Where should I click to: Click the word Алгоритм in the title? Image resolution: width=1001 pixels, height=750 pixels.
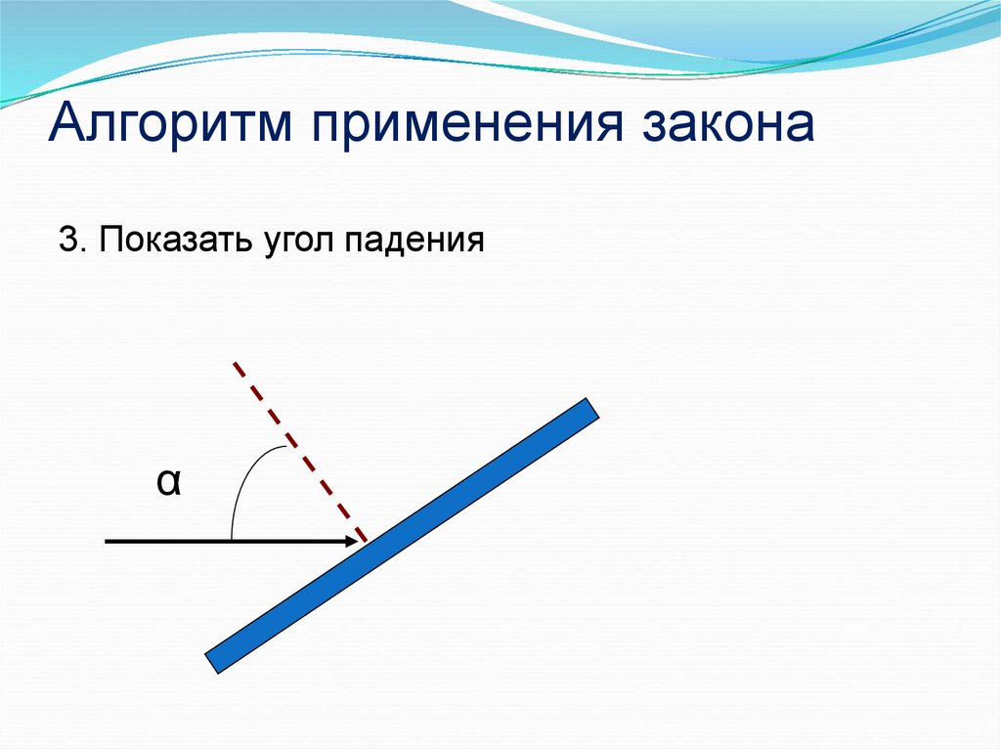(170, 122)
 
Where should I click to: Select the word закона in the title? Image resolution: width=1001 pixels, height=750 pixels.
(728, 122)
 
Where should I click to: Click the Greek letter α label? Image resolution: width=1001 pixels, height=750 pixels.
(168, 482)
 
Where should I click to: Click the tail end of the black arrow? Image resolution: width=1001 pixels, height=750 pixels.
(106, 541)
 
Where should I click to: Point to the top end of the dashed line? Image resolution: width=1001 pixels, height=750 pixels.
(235, 363)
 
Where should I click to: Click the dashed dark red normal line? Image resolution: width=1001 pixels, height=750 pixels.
(300, 453)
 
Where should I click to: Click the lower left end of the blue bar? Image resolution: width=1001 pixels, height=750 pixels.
(212, 664)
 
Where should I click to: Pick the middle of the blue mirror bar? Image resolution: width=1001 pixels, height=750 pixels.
(402, 536)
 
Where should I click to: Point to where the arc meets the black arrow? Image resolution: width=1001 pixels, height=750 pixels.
(231, 541)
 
